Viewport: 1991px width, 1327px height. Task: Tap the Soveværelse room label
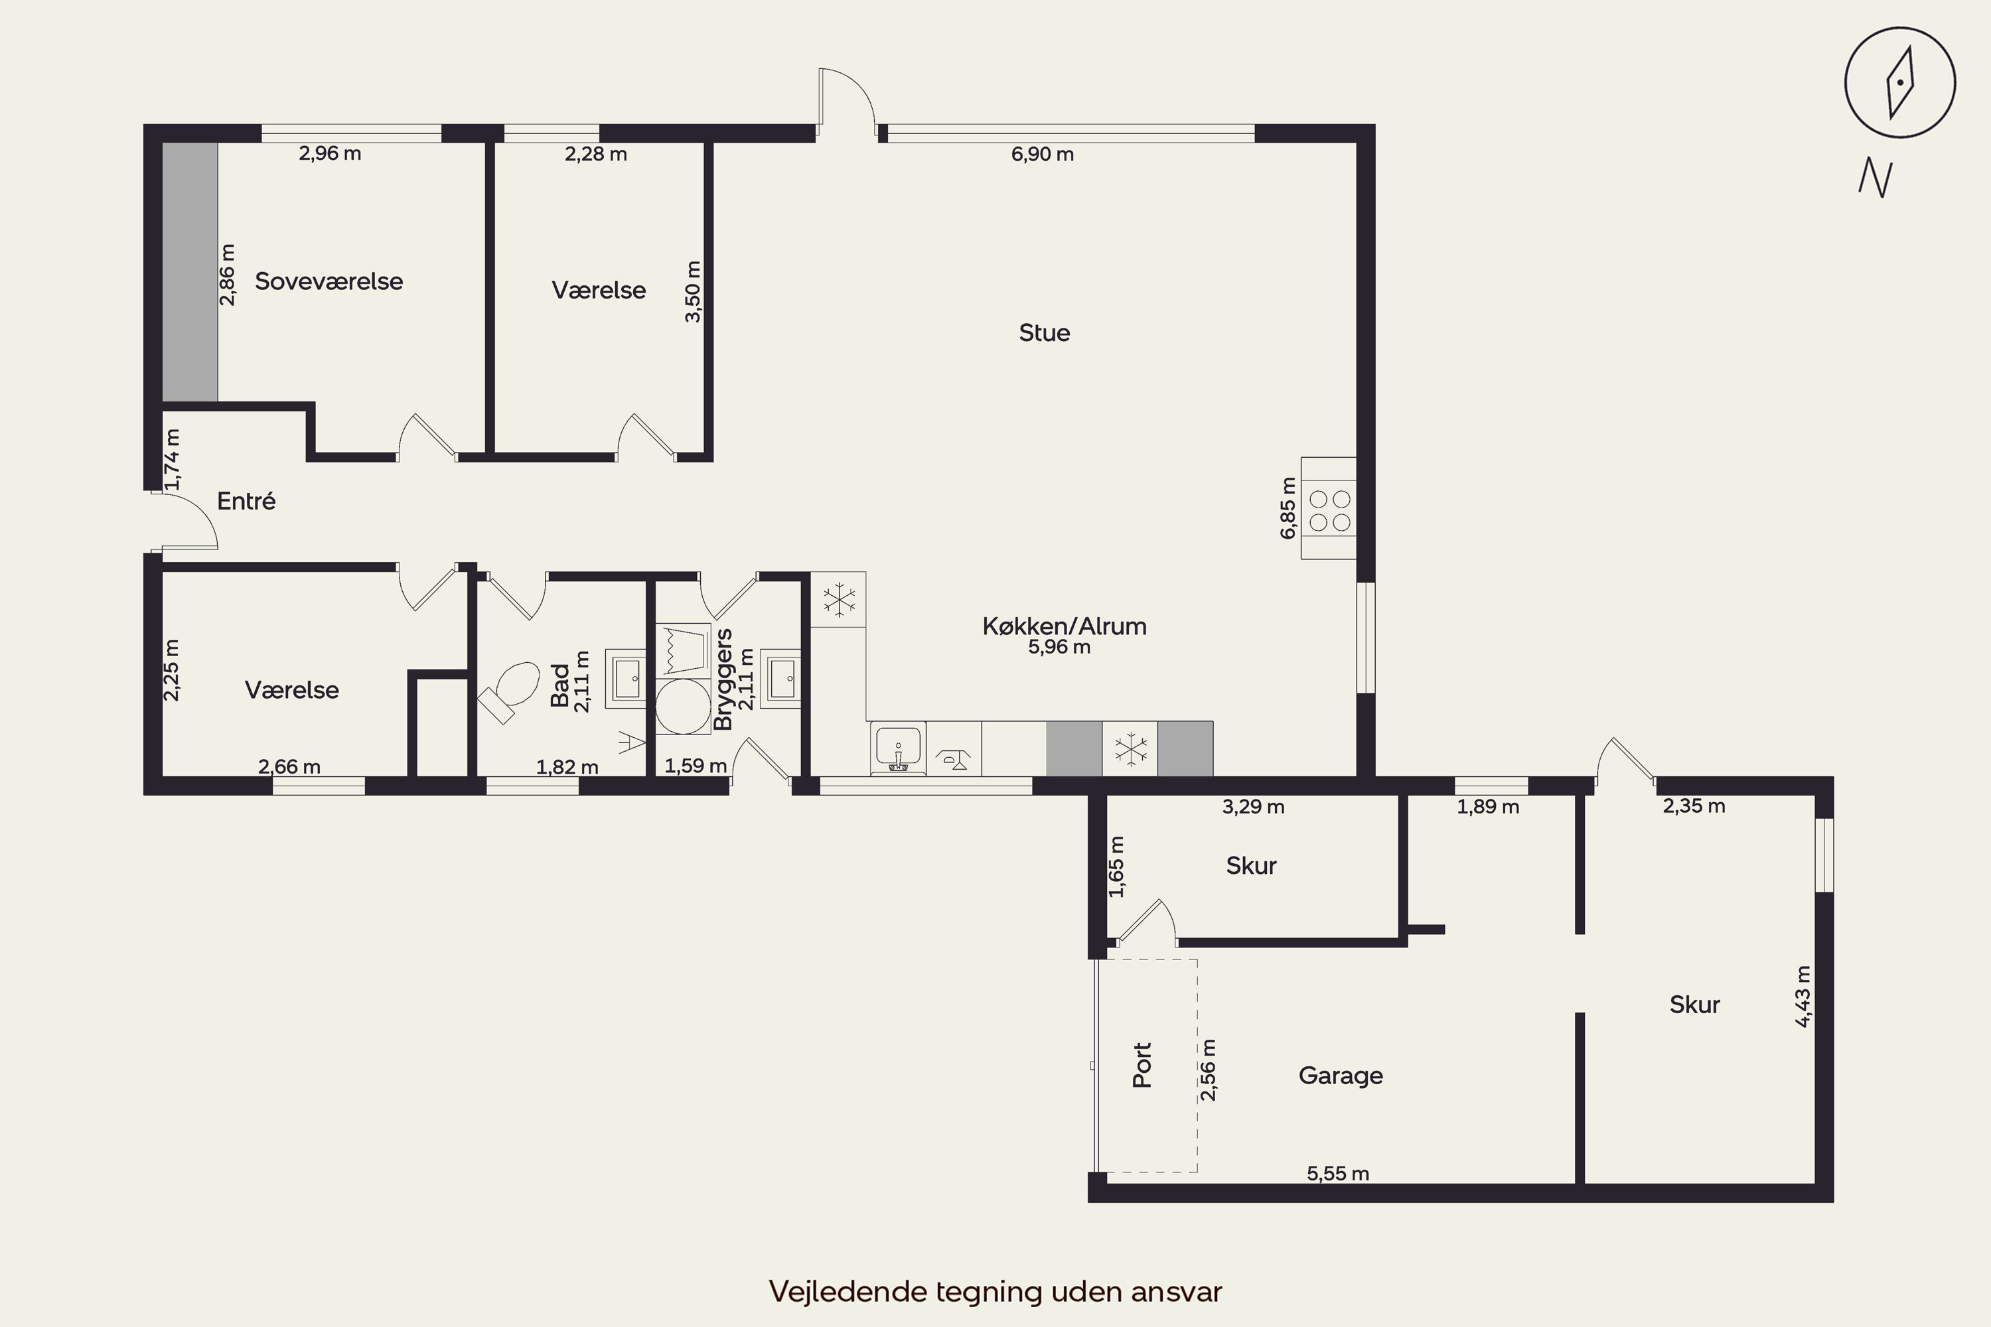(x=329, y=281)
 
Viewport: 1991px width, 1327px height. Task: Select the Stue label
(x=1044, y=332)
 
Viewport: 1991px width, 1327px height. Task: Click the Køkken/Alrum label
(x=1064, y=626)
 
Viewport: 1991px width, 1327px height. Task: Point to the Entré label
(x=246, y=501)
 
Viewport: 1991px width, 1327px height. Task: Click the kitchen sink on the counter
(x=897, y=749)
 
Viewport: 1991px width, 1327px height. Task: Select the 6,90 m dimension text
(x=1042, y=154)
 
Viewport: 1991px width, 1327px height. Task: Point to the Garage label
(x=1341, y=1076)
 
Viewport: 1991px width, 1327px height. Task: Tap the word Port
(x=1142, y=1065)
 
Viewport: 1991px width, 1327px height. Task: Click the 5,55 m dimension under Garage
(x=1337, y=1173)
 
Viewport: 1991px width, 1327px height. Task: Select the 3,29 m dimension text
(x=1253, y=807)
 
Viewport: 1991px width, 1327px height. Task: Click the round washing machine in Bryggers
(x=683, y=706)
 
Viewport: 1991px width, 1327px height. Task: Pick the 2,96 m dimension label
(x=329, y=153)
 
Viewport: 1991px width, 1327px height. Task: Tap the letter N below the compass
(x=1875, y=178)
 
